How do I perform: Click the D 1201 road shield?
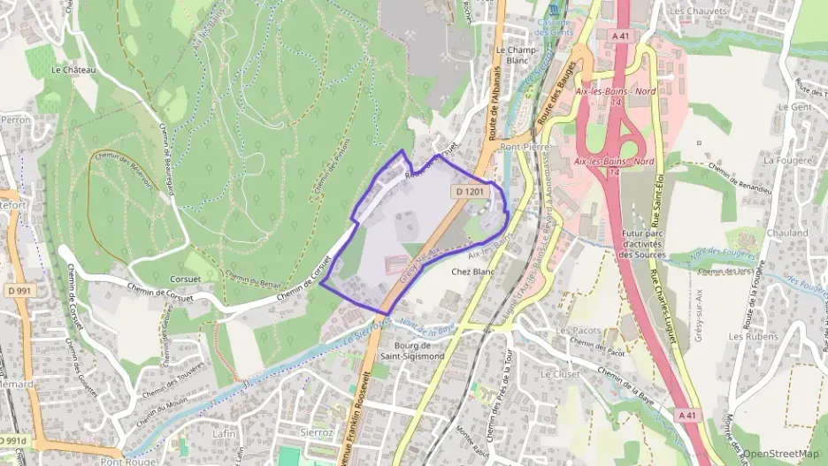pos(470,191)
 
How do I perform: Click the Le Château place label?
pos(73,69)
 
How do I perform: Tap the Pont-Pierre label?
pos(525,147)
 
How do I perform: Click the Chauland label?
pos(786,233)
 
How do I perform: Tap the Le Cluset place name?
pos(557,374)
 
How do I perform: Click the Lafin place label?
pos(224,433)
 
